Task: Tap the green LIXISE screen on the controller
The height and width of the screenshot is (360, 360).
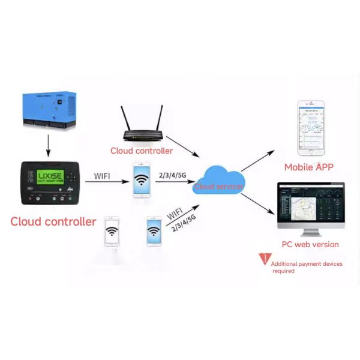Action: (50, 178)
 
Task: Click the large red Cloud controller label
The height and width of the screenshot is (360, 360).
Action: (53, 221)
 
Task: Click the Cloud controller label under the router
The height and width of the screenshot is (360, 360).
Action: (142, 151)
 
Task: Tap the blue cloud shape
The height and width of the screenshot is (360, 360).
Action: (219, 180)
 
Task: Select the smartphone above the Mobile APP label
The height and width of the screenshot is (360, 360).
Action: (311, 128)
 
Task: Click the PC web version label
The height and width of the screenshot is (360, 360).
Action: (310, 244)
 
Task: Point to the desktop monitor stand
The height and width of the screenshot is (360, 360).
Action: (310, 231)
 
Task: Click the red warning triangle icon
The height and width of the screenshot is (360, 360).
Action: (265, 259)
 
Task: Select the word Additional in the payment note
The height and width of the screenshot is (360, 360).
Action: (285, 264)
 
